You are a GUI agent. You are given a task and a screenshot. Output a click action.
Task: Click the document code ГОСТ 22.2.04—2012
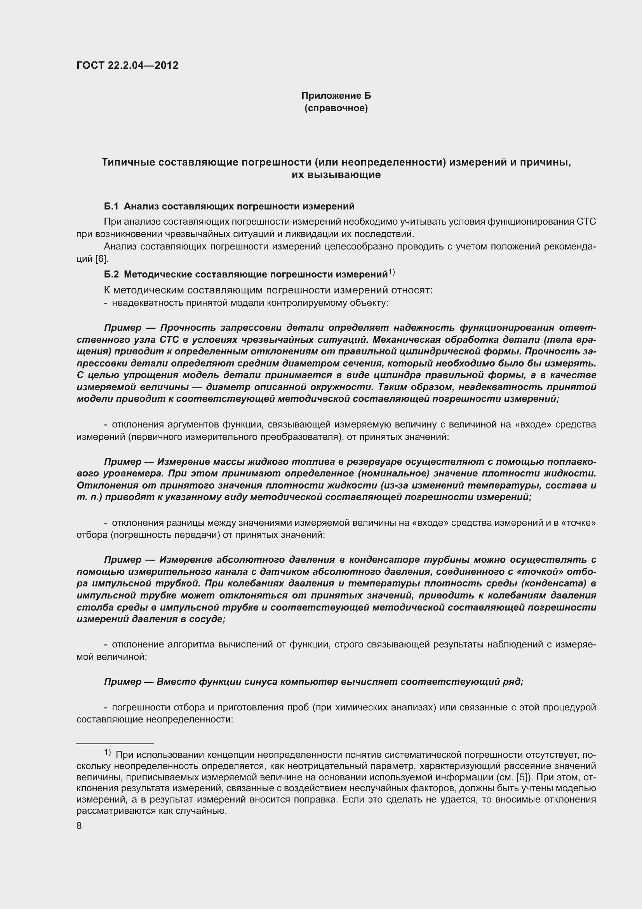[127, 65]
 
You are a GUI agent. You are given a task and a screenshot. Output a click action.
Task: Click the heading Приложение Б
[336, 96]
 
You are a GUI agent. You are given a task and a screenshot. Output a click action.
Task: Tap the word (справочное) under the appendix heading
[336, 108]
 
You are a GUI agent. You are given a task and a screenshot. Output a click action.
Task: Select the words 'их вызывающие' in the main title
[336, 174]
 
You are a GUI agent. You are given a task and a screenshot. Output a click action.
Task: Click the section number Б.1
[111, 206]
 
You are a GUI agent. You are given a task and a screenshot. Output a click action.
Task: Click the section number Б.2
[111, 274]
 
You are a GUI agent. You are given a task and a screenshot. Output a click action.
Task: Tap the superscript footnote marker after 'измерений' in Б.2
[391, 272]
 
